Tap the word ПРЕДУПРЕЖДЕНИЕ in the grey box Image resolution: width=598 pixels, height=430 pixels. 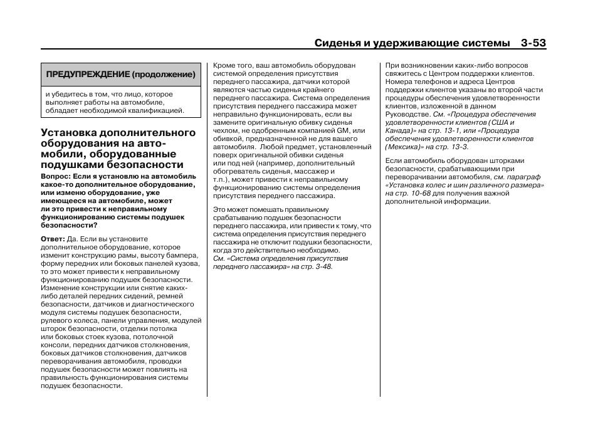click(87, 75)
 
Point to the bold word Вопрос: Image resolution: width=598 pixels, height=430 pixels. click(56, 177)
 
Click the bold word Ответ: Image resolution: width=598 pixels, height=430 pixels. click(53, 239)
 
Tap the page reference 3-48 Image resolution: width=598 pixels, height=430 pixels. click(323, 266)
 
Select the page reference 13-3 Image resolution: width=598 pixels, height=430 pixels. click(458, 147)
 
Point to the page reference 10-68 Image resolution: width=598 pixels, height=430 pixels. click(417, 194)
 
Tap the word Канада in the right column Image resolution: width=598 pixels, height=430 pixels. click(399, 130)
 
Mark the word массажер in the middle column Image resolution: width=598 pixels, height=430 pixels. click(319, 171)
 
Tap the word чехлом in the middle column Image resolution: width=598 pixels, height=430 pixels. click(226, 130)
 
